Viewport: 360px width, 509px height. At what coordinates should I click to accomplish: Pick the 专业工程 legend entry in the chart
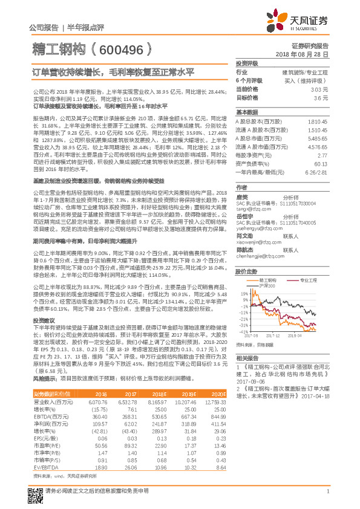309,264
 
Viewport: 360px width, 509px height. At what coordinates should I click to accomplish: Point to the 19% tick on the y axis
242,276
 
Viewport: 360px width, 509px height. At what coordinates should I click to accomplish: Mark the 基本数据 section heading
246,113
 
